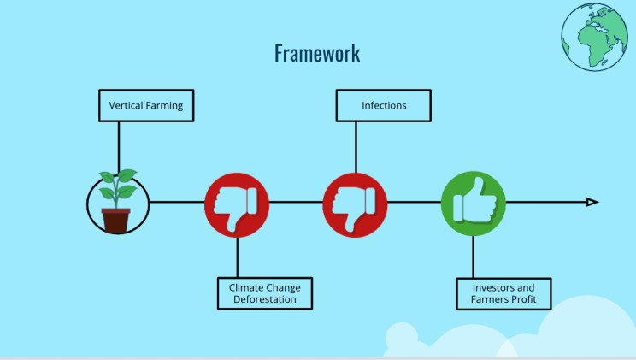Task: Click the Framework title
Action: pos(317,53)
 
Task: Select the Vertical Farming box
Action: pos(146,105)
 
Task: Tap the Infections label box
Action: pos(384,105)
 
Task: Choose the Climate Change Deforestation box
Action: pos(265,293)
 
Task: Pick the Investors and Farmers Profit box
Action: pos(503,294)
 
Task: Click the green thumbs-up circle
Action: pos(474,204)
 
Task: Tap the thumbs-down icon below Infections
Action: pos(355,205)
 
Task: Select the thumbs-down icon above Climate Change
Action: pos(237,205)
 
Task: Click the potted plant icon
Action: pos(118,202)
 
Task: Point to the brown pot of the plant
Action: pos(116,221)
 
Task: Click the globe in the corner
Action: pos(595,37)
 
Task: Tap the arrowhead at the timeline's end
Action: pos(592,202)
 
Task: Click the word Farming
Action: pos(164,106)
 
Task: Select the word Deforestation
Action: pos(265,299)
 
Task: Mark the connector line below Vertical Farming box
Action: pos(119,148)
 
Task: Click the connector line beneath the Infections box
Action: pos(356,147)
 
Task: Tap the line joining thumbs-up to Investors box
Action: pos(474,257)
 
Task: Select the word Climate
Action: pos(245,288)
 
